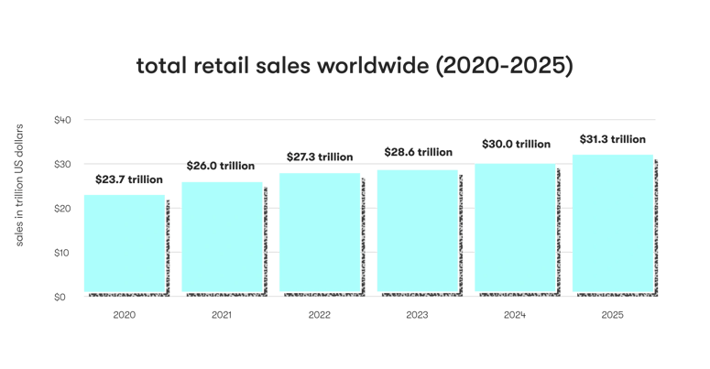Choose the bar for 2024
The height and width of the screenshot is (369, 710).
point(515,228)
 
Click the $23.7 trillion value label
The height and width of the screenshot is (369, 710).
point(128,180)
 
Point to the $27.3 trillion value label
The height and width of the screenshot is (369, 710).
point(320,157)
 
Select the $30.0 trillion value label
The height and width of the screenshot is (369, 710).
point(516,144)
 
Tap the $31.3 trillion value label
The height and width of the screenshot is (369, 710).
point(613,139)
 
